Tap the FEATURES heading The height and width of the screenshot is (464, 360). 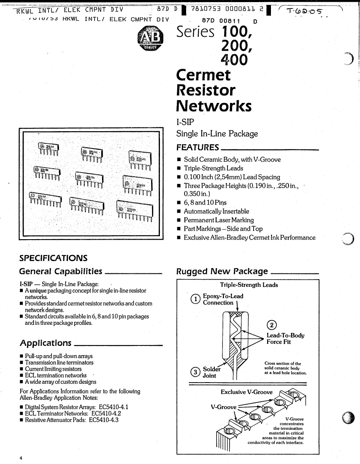tap(198, 147)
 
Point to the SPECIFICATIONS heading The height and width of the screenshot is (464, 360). tap(53, 257)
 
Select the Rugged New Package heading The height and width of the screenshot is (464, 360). tap(222, 271)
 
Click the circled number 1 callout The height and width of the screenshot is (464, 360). tap(195, 299)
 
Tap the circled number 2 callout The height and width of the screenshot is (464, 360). tap(273, 324)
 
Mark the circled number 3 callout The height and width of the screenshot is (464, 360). tap(195, 372)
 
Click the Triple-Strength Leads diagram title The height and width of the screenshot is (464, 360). tap(249, 285)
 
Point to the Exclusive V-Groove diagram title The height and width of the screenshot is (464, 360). tap(246, 392)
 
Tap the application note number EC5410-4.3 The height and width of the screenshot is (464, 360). tap(104, 420)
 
